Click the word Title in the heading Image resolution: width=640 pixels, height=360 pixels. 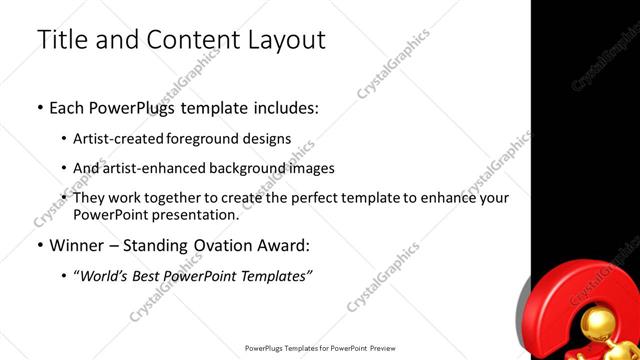[61, 40]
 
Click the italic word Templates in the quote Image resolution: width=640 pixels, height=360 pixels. [274, 276]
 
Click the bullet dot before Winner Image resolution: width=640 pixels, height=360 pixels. [40, 245]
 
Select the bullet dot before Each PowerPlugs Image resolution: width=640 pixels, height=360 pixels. [40, 106]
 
